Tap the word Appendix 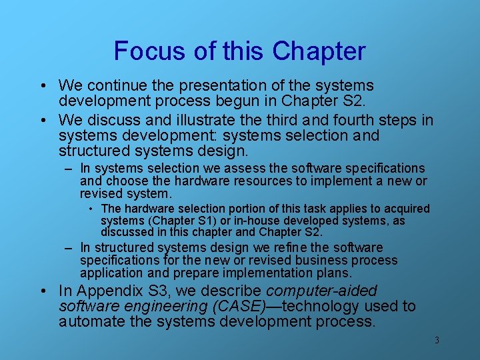tap(103, 291)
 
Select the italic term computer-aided tap(321, 291)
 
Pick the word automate tap(89, 323)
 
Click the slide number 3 tap(437, 341)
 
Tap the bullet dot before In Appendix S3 tap(43, 291)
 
